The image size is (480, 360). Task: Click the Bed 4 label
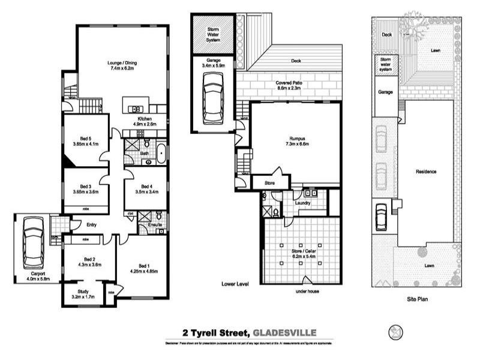(x=145, y=189)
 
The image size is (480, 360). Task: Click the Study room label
(x=83, y=293)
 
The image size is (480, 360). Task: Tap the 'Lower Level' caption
(x=235, y=283)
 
